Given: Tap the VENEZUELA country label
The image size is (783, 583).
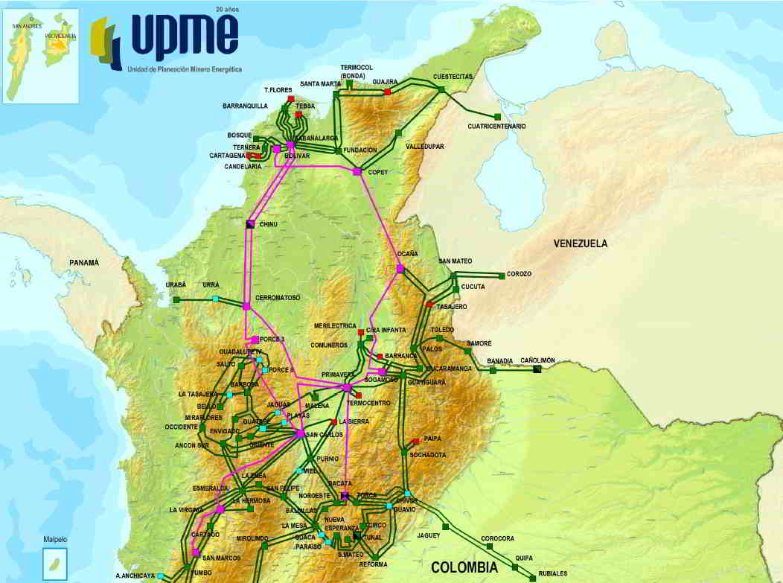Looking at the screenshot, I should coord(581,243).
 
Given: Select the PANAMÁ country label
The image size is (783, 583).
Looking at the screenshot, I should coord(83,263).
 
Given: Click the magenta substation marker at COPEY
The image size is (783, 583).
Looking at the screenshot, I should coord(357,172).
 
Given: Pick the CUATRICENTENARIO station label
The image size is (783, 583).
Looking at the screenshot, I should coord(496,127).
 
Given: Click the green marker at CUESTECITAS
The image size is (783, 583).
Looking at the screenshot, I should coord(441,90).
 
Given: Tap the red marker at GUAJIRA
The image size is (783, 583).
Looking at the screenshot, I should coord(387,92).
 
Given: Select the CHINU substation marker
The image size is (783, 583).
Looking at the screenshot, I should coord(250,224).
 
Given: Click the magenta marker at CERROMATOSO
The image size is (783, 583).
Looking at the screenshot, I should coord(246,306).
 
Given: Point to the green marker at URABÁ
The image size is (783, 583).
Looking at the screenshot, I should coord(176,299).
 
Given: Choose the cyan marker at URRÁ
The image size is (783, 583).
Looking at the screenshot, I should coord(216,299).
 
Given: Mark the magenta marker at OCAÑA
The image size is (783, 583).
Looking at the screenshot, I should coord(400,269).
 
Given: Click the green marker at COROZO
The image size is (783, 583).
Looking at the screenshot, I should coord(502,275).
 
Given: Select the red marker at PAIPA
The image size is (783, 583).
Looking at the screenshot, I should coord(415,442).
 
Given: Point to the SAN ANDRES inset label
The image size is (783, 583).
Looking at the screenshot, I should coord(22,25).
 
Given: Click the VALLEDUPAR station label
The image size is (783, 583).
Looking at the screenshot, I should coord(424,147).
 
